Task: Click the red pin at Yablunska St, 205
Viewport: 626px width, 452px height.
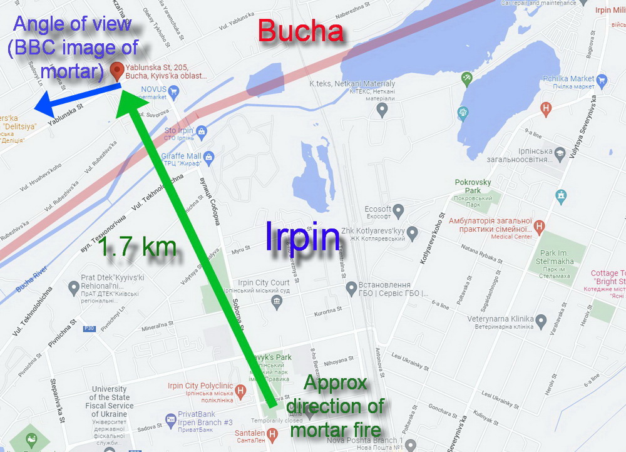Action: (x=116, y=71)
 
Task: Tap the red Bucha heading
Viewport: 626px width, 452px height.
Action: (x=301, y=31)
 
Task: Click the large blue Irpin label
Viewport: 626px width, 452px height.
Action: (x=303, y=237)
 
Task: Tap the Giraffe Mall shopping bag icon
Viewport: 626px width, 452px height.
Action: (x=209, y=159)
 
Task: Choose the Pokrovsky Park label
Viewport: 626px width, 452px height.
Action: (x=473, y=186)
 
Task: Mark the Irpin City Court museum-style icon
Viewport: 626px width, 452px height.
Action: (x=277, y=302)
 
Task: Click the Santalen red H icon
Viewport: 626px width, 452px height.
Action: (x=272, y=433)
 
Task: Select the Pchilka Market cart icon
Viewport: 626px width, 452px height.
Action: (x=602, y=80)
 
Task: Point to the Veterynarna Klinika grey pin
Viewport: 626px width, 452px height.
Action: (x=540, y=322)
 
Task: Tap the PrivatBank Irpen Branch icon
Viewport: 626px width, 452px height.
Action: (x=170, y=419)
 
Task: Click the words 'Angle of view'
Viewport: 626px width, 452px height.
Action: (x=73, y=26)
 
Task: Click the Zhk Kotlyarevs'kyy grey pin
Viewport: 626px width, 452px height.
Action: (x=412, y=234)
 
